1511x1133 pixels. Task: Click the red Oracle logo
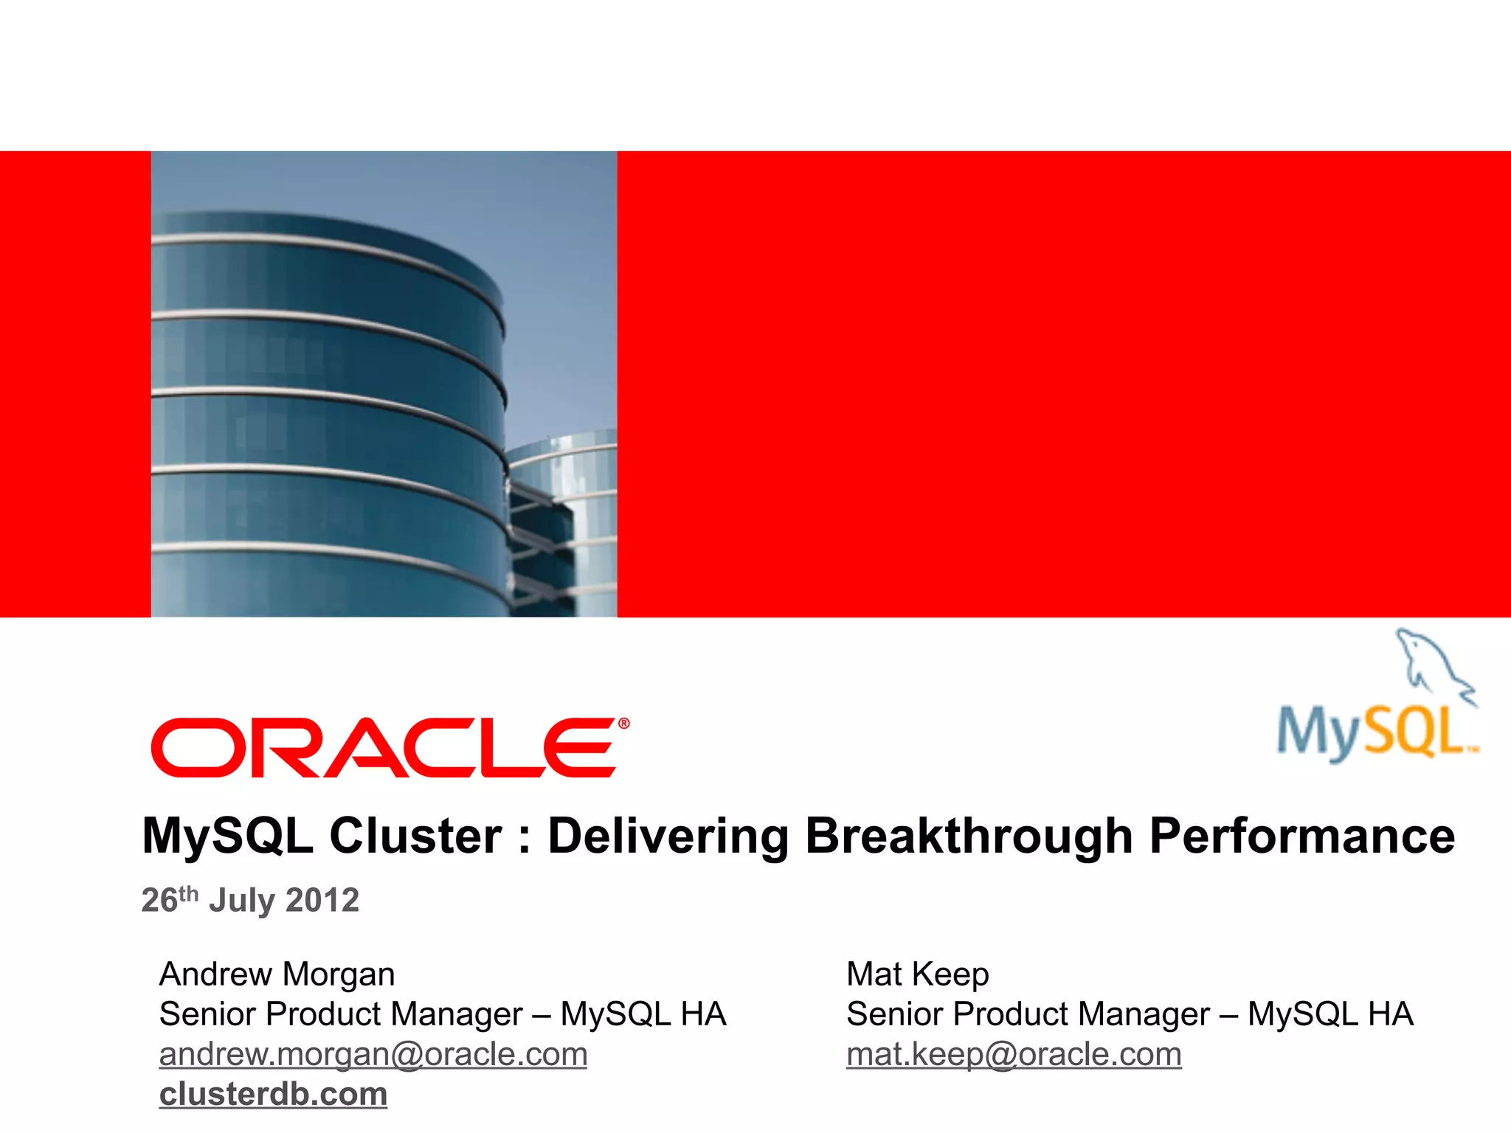point(384,748)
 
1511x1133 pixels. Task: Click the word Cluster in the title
point(415,836)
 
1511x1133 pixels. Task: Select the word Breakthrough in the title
point(969,836)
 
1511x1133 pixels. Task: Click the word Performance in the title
point(1302,836)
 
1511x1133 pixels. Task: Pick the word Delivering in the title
point(668,836)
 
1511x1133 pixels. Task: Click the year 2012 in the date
point(322,901)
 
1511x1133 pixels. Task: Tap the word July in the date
point(242,901)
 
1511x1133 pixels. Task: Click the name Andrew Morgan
point(277,974)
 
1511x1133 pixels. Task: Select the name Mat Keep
point(917,974)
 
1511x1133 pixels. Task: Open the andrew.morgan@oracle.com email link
point(373,1055)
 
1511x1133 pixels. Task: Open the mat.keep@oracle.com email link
point(1013,1055)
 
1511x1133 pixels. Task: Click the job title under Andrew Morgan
point(443,1014)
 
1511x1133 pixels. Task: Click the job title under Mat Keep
point(1129,1014)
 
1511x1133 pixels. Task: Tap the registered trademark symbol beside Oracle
point(624,724)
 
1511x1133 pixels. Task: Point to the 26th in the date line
point(169,899)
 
